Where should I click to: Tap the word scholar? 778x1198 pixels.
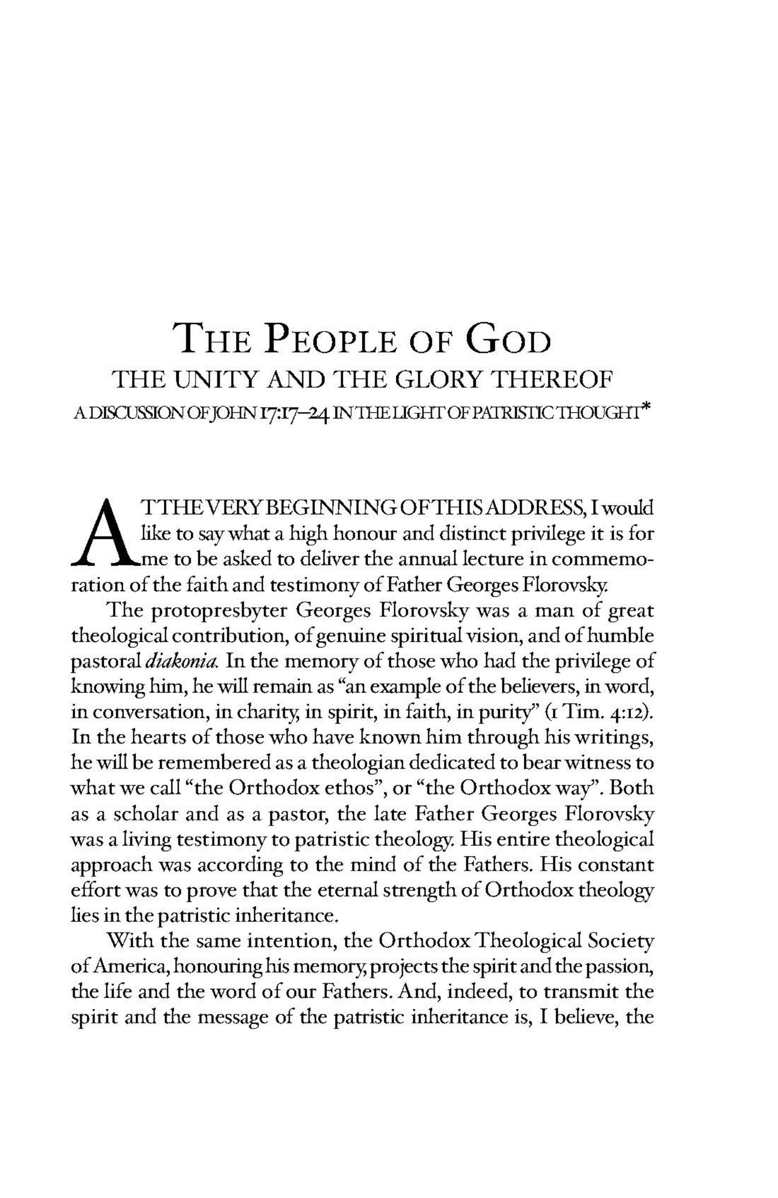click(x=145, y=814)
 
